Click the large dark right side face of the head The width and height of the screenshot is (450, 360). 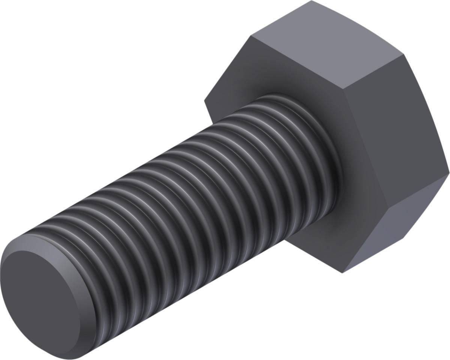(390, 142)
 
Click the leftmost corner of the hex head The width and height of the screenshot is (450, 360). (204, 100)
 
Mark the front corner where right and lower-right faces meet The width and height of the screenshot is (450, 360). (388, 208)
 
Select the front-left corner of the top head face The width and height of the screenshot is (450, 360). (250, 36)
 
